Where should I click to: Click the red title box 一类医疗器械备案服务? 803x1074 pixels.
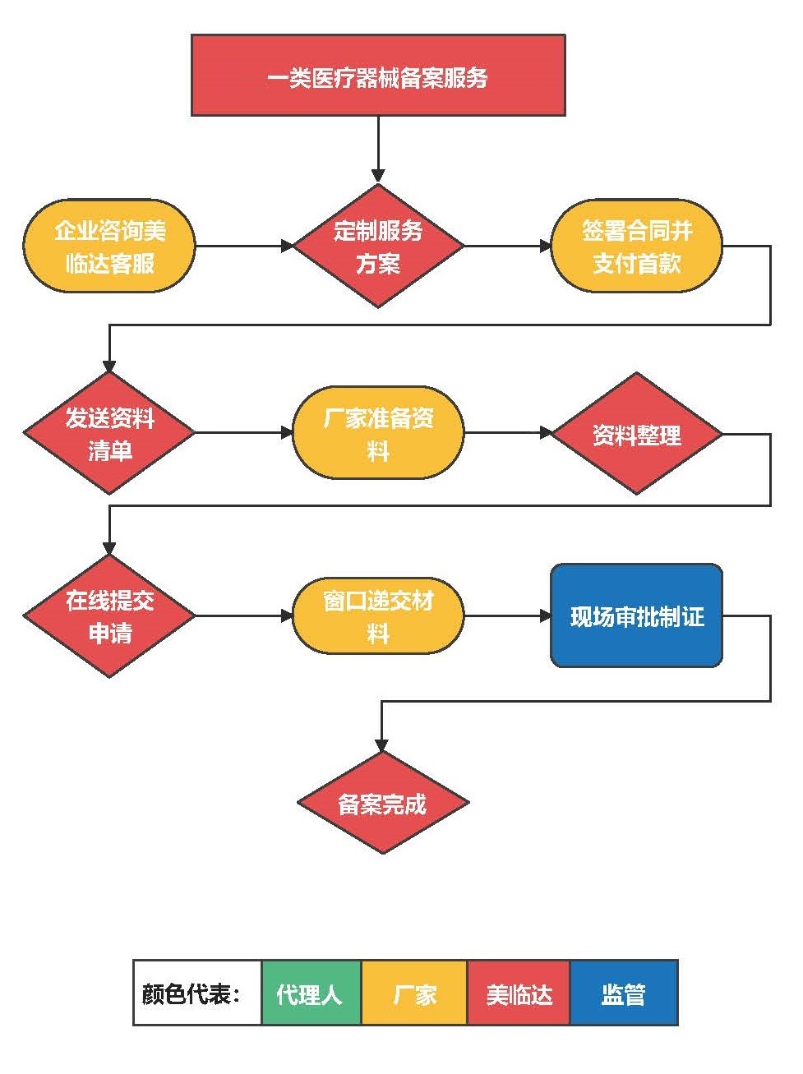(378, 76)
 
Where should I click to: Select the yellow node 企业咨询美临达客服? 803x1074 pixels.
(109, 246)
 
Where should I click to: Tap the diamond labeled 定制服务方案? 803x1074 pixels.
(378, 246)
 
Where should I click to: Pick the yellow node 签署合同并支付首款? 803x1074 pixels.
(636, 246)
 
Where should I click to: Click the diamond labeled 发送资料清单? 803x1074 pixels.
(109, 433)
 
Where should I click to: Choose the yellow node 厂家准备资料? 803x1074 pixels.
(378, 433)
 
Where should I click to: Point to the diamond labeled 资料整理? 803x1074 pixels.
(636, 433)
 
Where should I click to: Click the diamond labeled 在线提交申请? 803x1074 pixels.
(109, 615)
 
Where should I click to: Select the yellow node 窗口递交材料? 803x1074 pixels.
(378, 615)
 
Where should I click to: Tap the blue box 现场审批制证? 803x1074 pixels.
(636, 615)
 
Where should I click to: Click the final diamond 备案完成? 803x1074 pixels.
(382, 803)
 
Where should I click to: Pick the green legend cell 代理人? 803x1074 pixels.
(311, 993)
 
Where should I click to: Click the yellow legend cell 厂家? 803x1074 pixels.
(414, 993)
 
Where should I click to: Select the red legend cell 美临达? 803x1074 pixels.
(519, 993)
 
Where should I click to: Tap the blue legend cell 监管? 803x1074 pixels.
(624, 993)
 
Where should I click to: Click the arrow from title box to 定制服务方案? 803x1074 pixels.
(378, 148)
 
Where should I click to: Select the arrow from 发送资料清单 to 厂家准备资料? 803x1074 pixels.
(243, 433)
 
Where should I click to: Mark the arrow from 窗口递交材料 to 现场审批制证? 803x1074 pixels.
(507, 615)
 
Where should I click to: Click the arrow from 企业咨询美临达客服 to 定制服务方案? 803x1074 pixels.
(243, 246)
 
